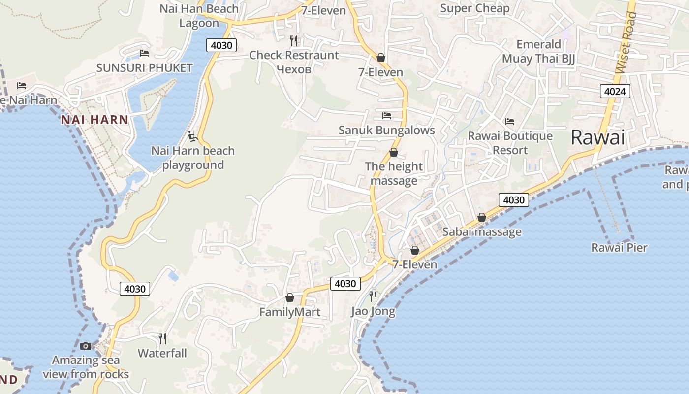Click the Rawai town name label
coord(597,137)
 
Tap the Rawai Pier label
coord(619,247)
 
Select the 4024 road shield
coord(615,91)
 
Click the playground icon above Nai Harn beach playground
coord(192,136)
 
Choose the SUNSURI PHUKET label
coord(144,68)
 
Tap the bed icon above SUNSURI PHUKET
coord(144,53)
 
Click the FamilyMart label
coord(289,312)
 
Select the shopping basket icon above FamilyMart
coord(289,297)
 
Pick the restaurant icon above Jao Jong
coord(373,296)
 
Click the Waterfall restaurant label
coord(162,353)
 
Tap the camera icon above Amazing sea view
coord(86,346)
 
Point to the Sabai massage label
coord(482,231)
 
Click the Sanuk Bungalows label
coord(386,130)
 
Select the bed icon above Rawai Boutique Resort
coord(510,121)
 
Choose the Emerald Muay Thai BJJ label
coord(538,51)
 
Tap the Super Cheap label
coord(474,8)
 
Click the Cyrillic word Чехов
coord(294,69)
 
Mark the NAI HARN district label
coord(94,119)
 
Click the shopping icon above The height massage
coord(393,153)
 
